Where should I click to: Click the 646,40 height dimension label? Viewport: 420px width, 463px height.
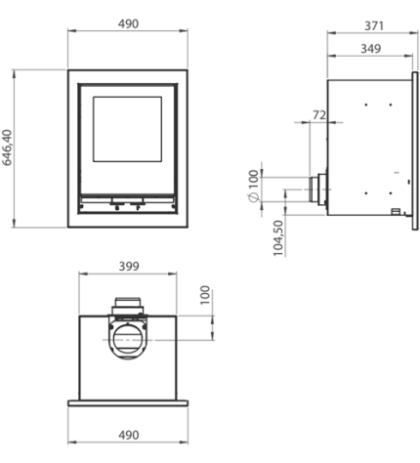[7, 147]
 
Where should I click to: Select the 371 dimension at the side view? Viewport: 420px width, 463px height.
[374, 26]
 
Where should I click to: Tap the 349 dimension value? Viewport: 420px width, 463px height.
[371, 49]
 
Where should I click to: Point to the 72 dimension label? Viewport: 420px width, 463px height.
[319, 115]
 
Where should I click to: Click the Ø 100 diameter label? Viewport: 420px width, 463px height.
[254, 186]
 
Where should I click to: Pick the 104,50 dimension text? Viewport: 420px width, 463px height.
[278, 238]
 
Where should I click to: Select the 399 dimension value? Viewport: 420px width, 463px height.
[129, 267]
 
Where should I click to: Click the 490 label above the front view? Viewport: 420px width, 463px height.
[128, 24]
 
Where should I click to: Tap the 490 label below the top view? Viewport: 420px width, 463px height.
[129, 435]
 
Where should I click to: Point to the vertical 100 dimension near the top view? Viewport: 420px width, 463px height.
[205, 295]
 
